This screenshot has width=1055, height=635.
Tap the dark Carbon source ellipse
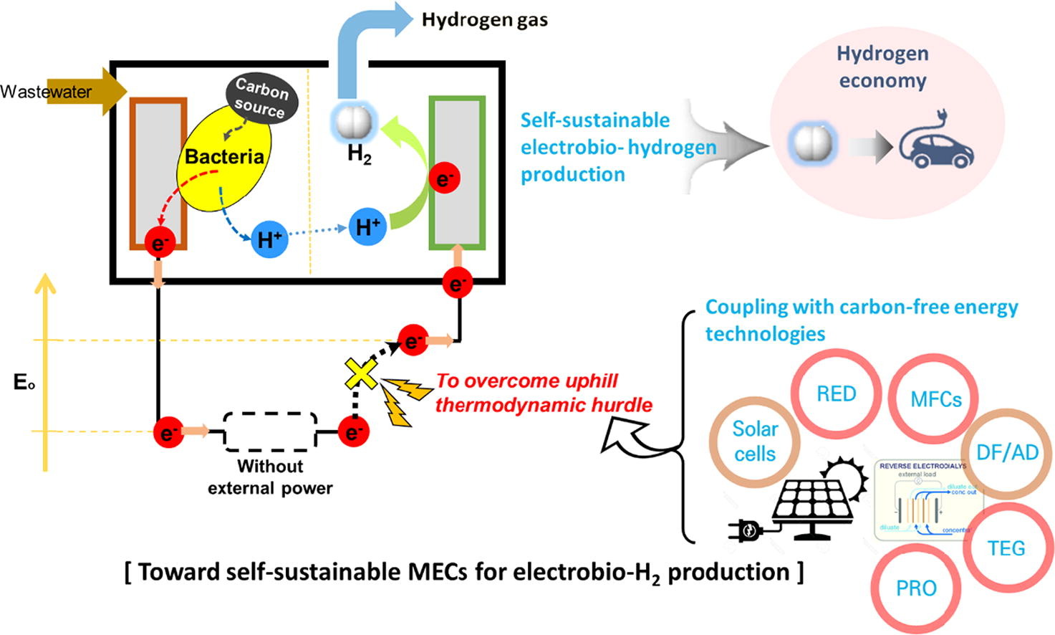click(261, 97)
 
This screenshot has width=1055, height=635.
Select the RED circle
click(836, 393)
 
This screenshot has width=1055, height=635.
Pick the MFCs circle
click(935, 398)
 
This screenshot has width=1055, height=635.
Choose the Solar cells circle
click(754, 441)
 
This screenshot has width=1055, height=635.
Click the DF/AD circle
click(1007, 452)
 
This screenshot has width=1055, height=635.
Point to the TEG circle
click(1006, 548)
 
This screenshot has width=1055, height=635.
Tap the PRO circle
click(916, 588)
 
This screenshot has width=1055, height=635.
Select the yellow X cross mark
click(360, 373)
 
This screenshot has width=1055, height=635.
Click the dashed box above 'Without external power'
click(270, 431)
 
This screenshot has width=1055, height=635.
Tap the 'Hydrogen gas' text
click(485, 20)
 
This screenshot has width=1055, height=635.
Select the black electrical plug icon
click(745, 531)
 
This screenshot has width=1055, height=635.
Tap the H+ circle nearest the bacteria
click(269, 239)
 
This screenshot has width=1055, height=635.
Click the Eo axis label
click(24, 382)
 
